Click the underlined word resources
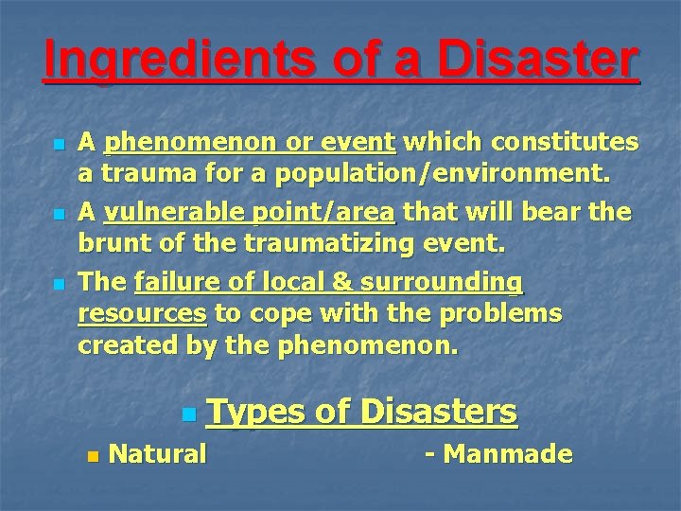[x=143, y=313]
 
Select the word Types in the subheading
[x=253, y=411]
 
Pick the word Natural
[x=158, y=454]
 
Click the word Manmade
[x=508, y=454]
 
